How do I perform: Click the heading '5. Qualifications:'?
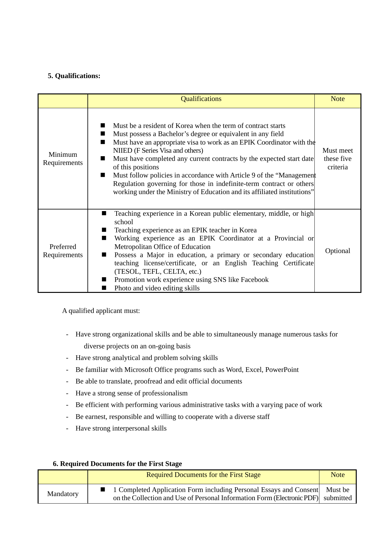pos(74,76)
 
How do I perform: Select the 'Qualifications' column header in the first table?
pos(201,99)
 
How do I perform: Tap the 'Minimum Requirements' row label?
pos(63,159)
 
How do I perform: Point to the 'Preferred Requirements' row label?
pos(63,251)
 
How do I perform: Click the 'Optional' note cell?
pos(338,251)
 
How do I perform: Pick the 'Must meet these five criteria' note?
pos(338,159)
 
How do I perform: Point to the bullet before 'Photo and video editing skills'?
pos(104,288)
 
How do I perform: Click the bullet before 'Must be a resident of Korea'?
pos(103,125)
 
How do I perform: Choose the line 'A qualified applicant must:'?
pos(101,311)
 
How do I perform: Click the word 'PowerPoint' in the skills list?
pos(282,370)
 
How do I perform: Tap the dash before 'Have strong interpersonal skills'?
pos(67,428)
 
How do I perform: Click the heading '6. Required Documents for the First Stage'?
pos(117,464)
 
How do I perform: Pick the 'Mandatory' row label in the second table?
pos(63,494)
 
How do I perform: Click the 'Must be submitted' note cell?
pos(338,494)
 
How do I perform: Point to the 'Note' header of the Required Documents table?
pos(338,475)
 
